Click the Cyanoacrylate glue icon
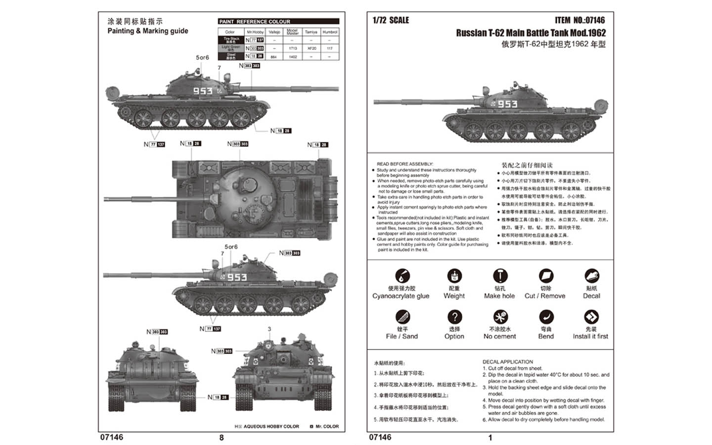coord(402,276)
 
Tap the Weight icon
coord(454,276)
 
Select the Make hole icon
coord(500,276)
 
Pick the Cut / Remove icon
coord(545,276)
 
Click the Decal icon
coord(591,276)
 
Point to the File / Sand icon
coord(402,316)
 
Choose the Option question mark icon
coord(454,316)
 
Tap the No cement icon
coord(500,316)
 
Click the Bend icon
coord(546,316)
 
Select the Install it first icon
coord(591,316)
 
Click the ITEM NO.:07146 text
coord(579,20)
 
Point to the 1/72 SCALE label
coord(391,20)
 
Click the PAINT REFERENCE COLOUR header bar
coord(278,21)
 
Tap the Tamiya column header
coord(311,32)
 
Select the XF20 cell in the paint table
coord(311,48)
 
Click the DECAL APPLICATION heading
coord(507,362)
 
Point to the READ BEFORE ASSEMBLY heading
coord(404,164)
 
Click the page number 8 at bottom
coord(222,438)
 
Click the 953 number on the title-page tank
coord(507,104)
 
